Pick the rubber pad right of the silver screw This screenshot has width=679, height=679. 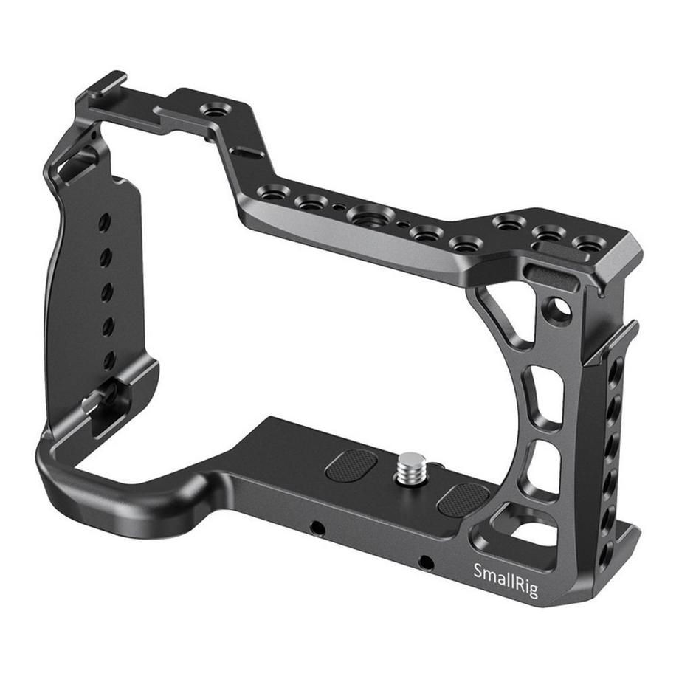464,500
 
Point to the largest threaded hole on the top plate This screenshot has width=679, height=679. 370,216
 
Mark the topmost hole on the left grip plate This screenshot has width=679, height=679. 104,221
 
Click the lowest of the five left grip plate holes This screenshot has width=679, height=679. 109,359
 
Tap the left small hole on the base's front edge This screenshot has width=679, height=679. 317,528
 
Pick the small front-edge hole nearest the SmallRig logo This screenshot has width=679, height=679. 425,562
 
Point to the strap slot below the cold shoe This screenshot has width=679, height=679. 80,164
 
